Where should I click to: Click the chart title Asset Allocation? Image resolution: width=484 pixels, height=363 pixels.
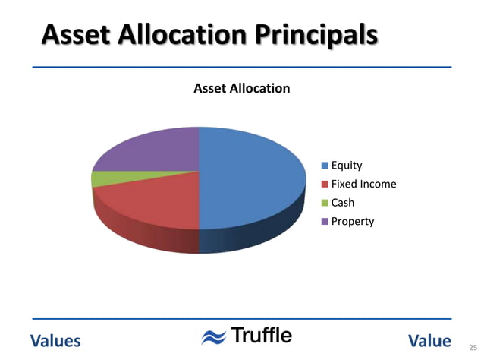[x=242, y=88]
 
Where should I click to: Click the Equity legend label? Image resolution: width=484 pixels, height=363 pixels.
[x=347, y=165]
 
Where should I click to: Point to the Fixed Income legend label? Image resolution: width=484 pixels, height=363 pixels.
[x=363, y=184]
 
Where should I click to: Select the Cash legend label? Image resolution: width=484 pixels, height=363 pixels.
[x=343, y=203]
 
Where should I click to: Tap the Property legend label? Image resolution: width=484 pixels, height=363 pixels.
[x=353, y=222]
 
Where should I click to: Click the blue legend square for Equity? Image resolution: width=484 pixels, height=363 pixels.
[x=325, y=165]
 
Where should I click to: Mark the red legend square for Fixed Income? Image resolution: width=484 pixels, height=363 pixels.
[x=325, y=184]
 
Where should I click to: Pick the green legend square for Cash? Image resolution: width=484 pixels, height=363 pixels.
[x=325, y=203]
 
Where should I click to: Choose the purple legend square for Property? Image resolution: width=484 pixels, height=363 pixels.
[x=325, y=222]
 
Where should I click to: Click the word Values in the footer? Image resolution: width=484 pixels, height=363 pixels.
[x=55, y=341]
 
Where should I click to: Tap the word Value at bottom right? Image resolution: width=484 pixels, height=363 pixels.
[x=429, y=341]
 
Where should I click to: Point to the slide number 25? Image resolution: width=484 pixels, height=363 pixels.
[x=473, y=347]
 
